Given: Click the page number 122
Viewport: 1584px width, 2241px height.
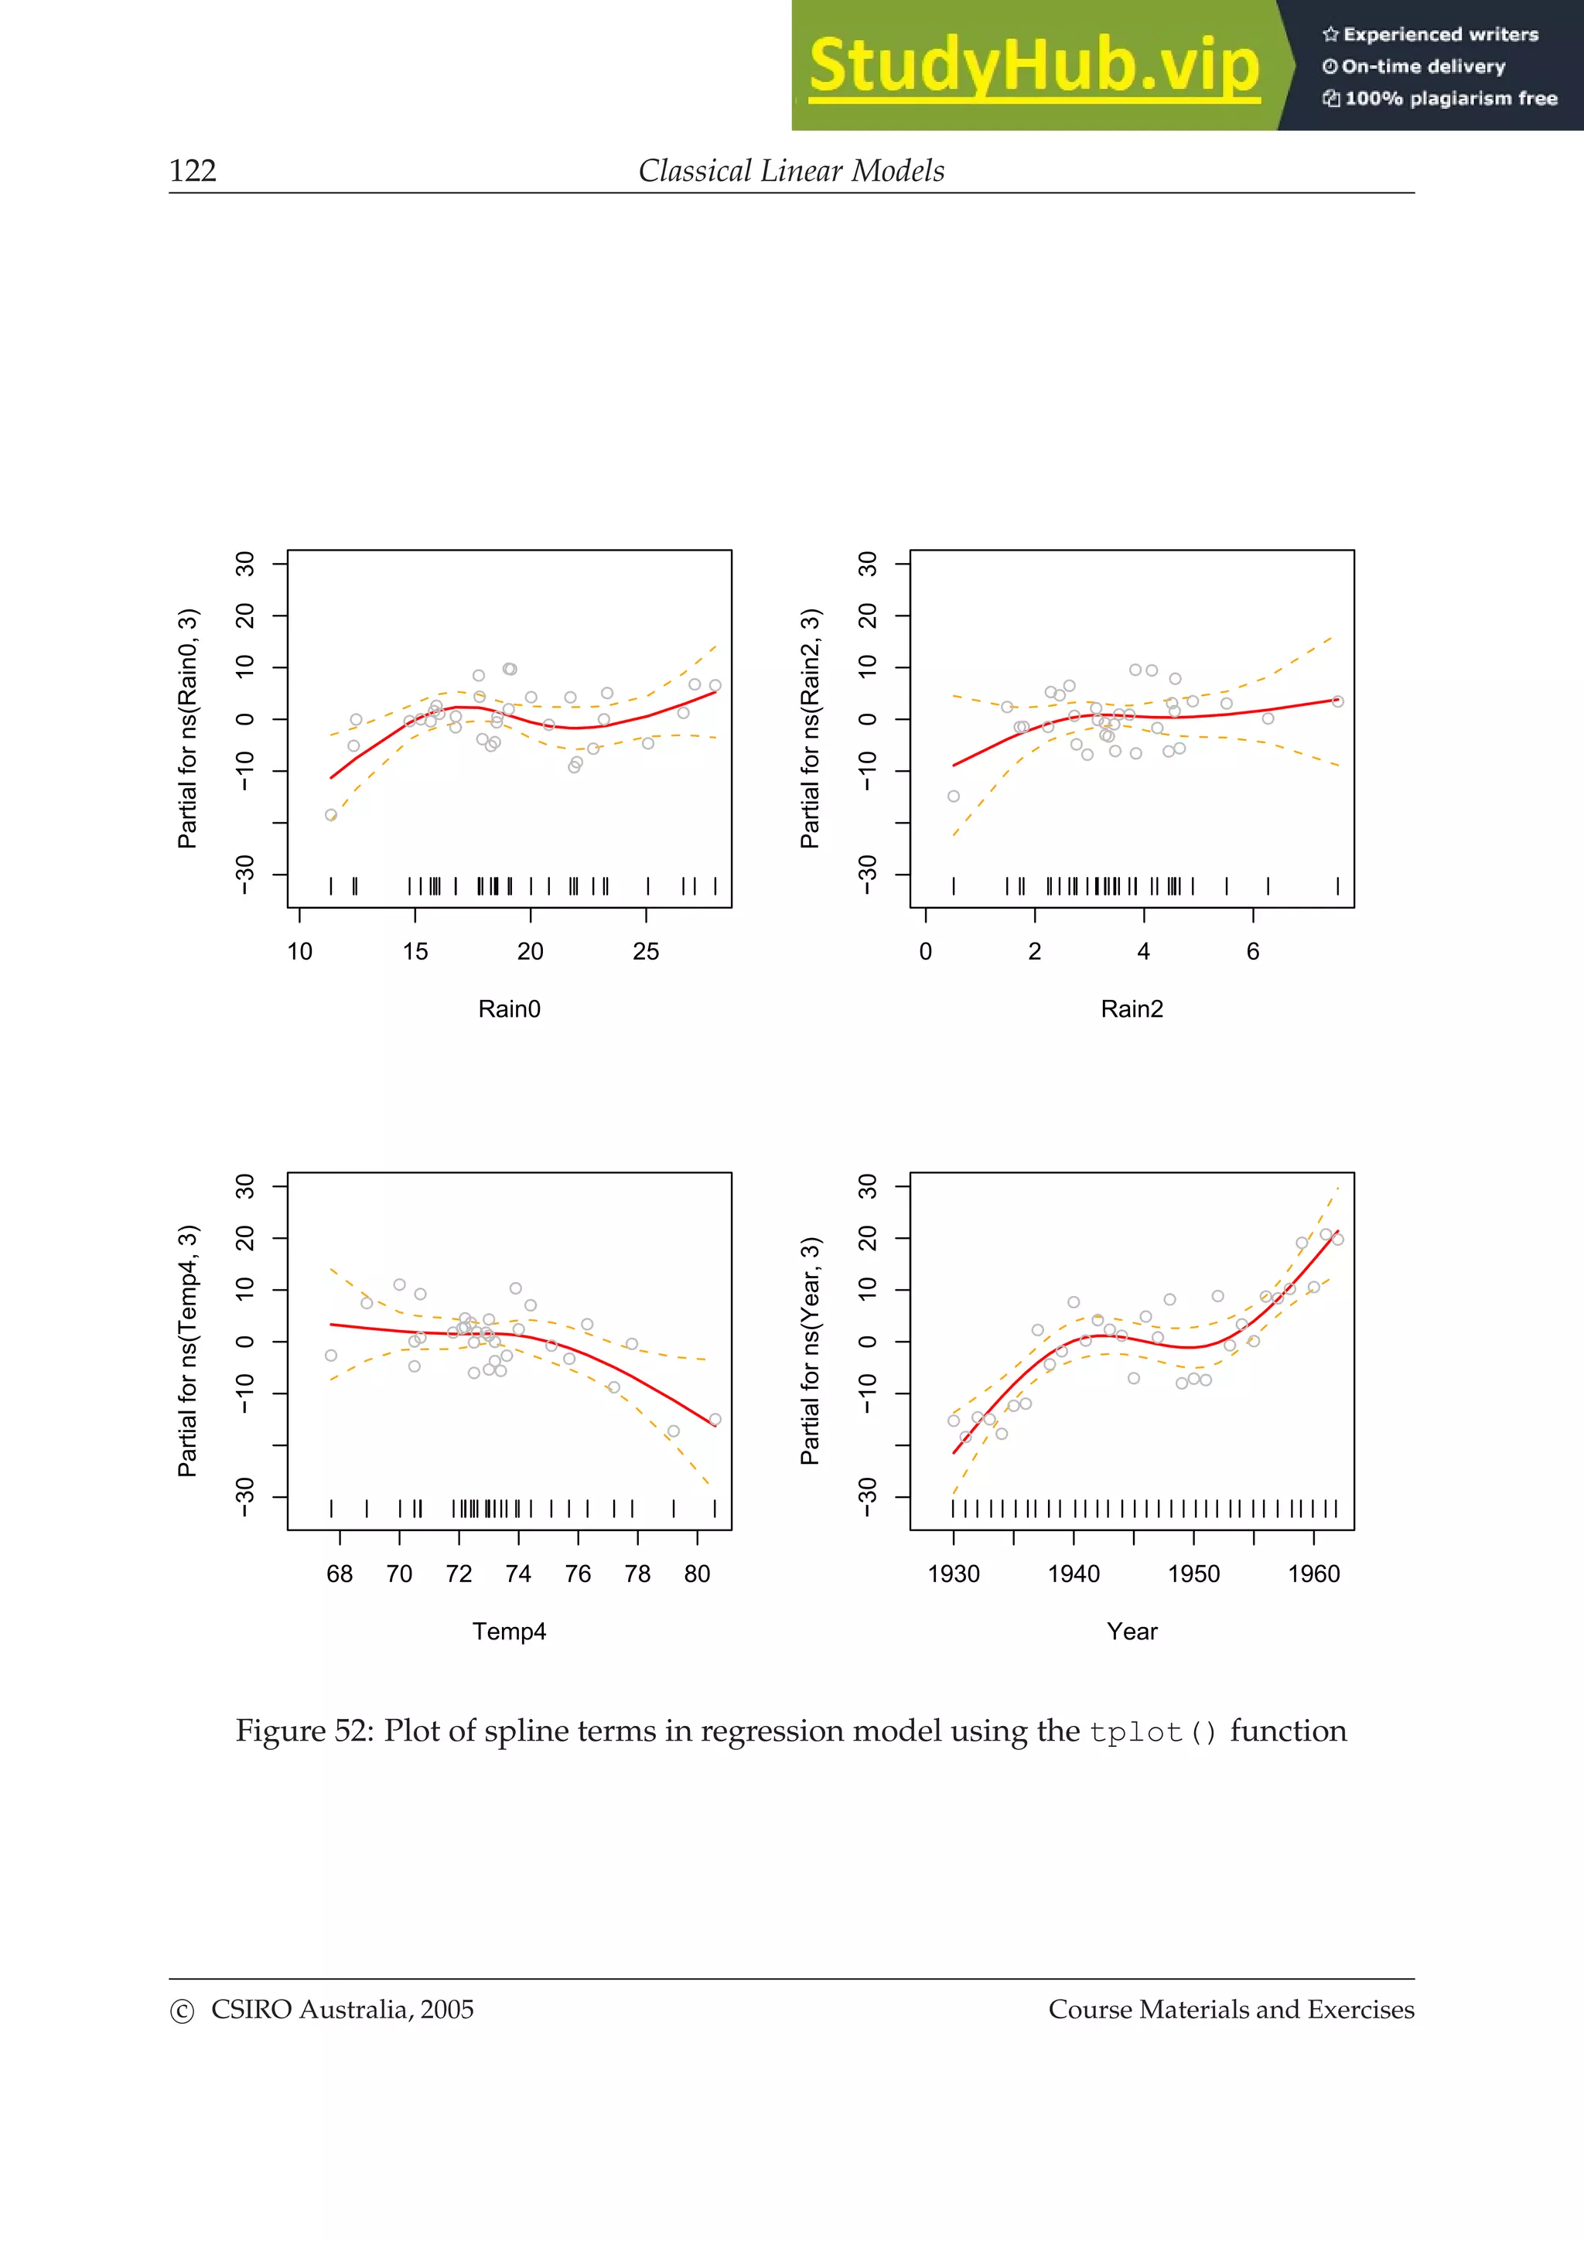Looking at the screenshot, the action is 193,171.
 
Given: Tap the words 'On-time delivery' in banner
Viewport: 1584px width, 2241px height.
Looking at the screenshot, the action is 1422,67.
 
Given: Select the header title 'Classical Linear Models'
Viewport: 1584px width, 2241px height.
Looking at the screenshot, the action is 790,171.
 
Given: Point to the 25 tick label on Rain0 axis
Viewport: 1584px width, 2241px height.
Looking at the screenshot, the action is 645,952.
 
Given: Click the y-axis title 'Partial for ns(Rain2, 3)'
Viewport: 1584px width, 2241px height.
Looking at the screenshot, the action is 810,728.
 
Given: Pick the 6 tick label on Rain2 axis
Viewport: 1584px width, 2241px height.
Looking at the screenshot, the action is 1252,952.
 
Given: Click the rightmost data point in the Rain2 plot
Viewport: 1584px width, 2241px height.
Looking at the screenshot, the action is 1337,702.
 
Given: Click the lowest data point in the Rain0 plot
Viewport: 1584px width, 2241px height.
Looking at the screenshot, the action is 331,815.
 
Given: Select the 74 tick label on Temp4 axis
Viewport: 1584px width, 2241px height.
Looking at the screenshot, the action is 518,1574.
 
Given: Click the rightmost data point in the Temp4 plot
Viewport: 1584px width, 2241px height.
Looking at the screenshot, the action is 715,1419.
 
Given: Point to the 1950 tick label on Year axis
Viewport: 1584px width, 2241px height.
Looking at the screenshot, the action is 1193,1574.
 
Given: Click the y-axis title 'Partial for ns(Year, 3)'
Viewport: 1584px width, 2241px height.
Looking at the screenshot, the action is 810,1351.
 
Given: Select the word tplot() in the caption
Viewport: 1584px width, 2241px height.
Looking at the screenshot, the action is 1152,1732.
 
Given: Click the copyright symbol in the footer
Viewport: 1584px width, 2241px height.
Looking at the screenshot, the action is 182,2011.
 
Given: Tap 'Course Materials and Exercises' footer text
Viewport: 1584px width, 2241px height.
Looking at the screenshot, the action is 1231,2010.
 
